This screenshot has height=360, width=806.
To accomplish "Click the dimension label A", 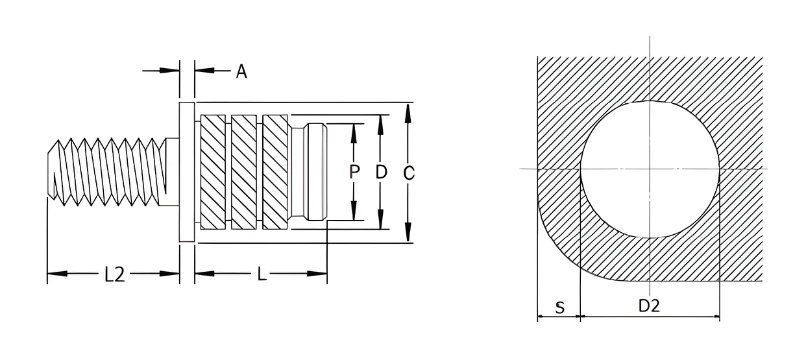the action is click(x=241, y=71).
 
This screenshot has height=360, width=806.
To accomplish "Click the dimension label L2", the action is click(x=114, y=274).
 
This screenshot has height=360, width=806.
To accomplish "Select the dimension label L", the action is click(x=262, y=274).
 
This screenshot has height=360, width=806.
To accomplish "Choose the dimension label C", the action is click(x=408, y=173).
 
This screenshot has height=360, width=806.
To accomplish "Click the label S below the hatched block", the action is click(x=560, y=308).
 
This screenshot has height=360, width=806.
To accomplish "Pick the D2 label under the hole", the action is click(x=649, y=306).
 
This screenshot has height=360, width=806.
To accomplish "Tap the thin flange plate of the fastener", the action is click(x=187, y=172).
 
